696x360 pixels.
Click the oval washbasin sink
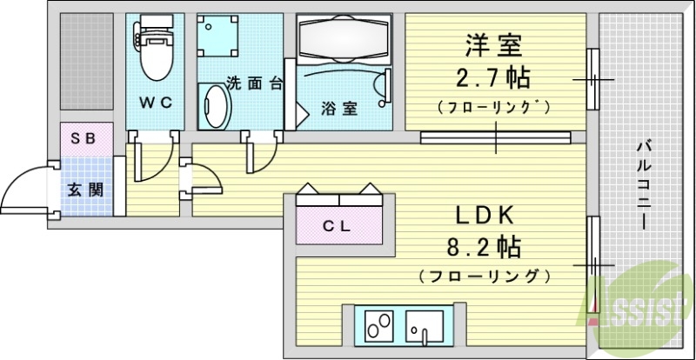point(215,106)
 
